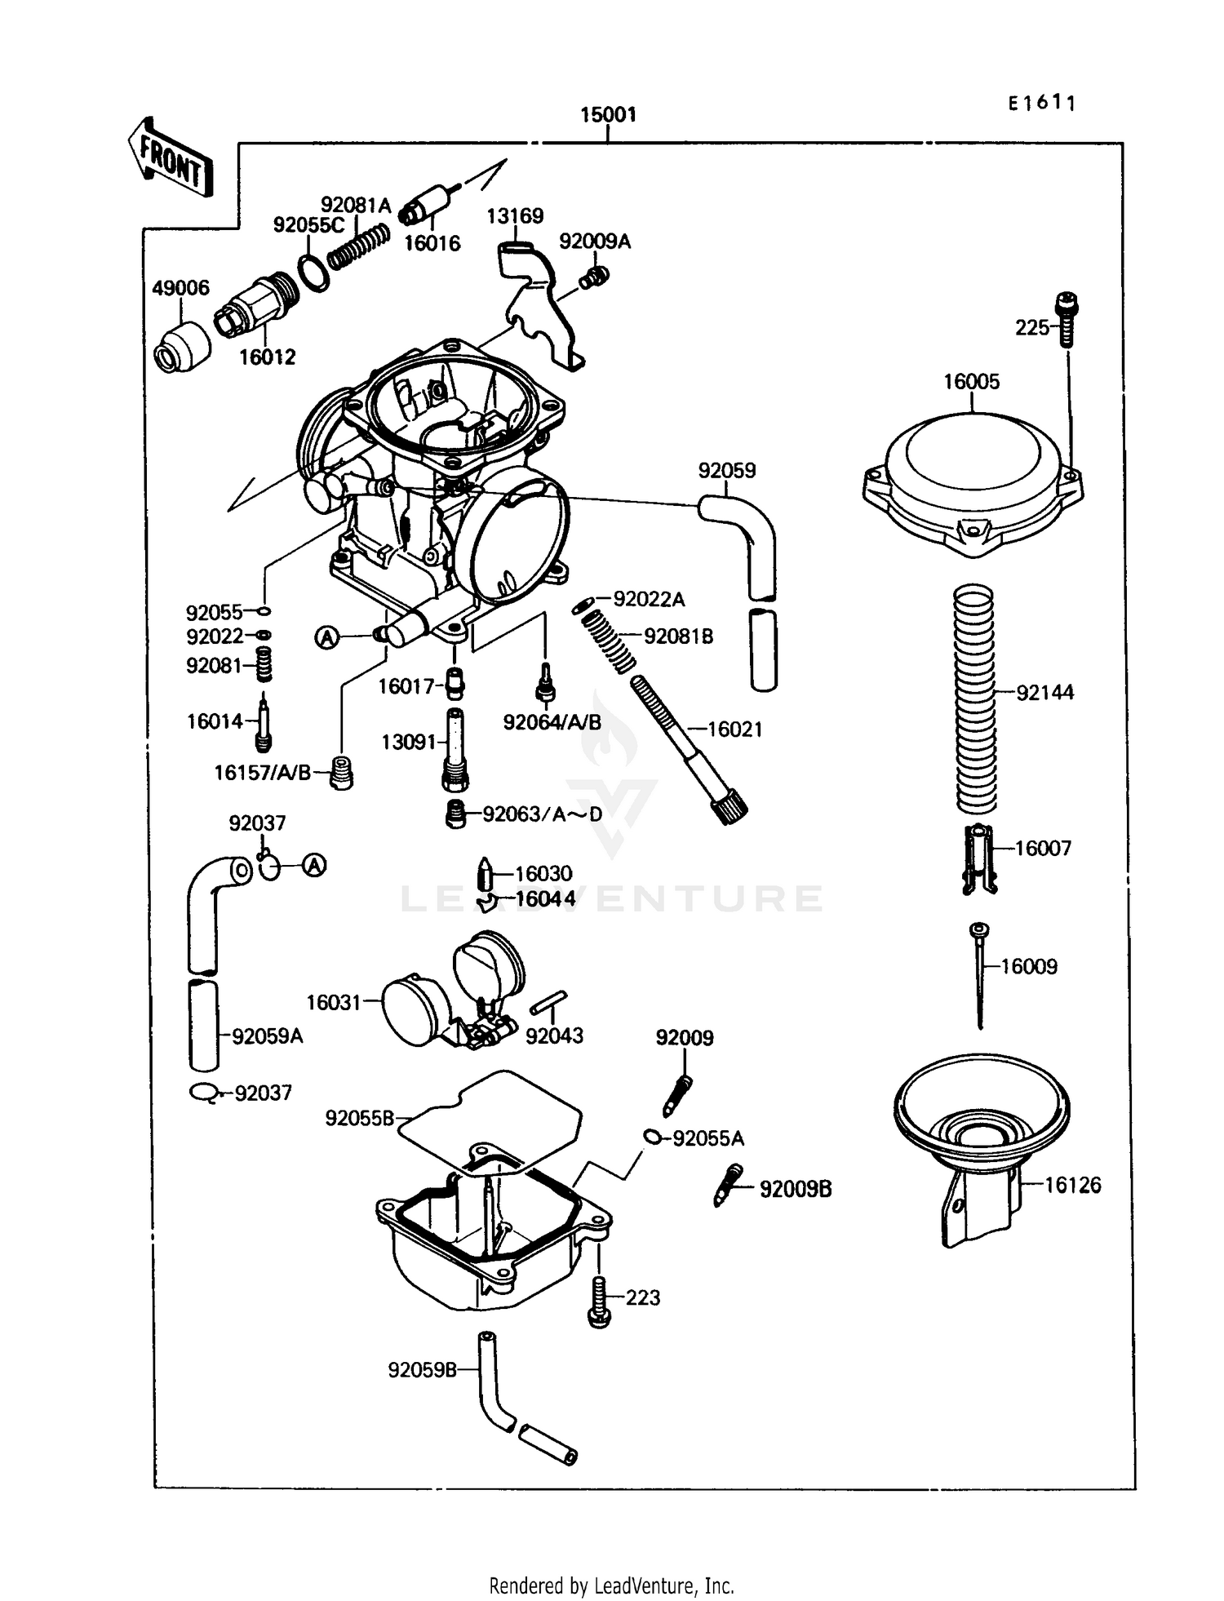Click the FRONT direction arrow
pos(171,157)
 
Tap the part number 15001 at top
pos(608,115)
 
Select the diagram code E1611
pos(1042,103)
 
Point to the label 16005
pos(971,381)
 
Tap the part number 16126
pos(1073,1185)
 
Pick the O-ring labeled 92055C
pos(314,272)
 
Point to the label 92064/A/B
pos(552,722)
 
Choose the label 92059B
pos(422,1370)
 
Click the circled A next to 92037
pos(314,865)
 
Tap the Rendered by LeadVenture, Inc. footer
pos(611,1585)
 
